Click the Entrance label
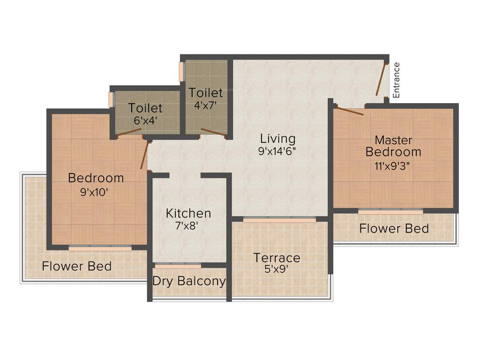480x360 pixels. [x=396, y=80]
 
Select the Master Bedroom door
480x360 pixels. [x=350, y=111]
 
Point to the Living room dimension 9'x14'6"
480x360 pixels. [x=278, y=151]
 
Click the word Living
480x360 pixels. [x=278, y=139]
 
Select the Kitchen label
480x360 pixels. [x=188, y=213]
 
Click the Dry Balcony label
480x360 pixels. [x=189, y=281]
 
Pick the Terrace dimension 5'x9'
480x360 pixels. [x=277, y=270]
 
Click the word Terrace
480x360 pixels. [x=277, y=257]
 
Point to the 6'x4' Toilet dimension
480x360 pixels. [x=145, y=120]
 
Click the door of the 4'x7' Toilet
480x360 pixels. [x=213, y=132]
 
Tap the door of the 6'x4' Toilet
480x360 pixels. [x=130, y=134]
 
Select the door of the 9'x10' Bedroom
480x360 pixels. [x=144, y=155]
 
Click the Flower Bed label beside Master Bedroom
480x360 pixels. [x=394, y=229]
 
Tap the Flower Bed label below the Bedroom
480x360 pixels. [x=77, y=266]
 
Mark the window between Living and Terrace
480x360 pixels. [x=279, y=219]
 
